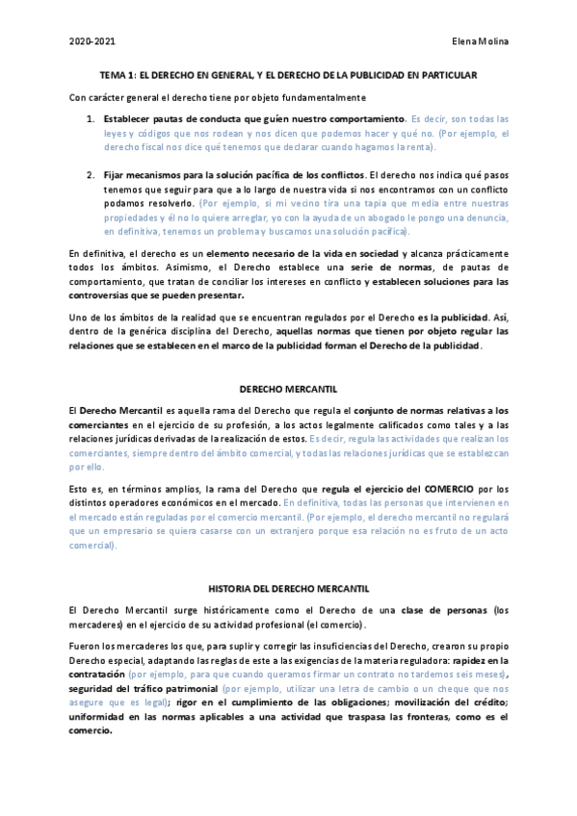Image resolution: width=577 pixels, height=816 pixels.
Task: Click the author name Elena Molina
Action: (x=478, y=42)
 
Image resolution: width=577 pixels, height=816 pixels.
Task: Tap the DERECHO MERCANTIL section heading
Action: (x=288, y=389)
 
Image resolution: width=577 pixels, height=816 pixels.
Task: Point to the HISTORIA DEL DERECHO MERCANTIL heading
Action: (x=288, y=587)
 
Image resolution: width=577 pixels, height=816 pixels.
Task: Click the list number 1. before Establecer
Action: (x=92, y=119)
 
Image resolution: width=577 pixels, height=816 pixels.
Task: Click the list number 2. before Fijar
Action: (x=92, y=175)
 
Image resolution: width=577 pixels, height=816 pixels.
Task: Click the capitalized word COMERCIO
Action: (x=445, y=489)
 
